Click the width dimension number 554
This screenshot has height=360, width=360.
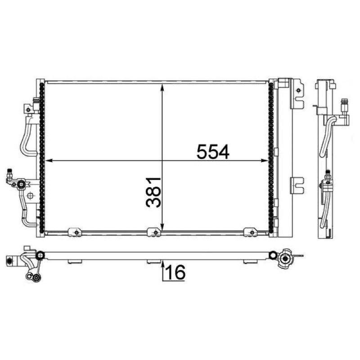213,152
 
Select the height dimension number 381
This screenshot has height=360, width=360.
153,192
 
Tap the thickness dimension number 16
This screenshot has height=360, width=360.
175,272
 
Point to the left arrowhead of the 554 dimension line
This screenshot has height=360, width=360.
49,161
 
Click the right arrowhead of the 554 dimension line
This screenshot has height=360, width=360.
265,161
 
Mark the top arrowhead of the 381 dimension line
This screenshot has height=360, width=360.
162,88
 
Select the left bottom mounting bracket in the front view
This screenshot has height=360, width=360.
75,232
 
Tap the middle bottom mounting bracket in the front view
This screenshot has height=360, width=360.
154,232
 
